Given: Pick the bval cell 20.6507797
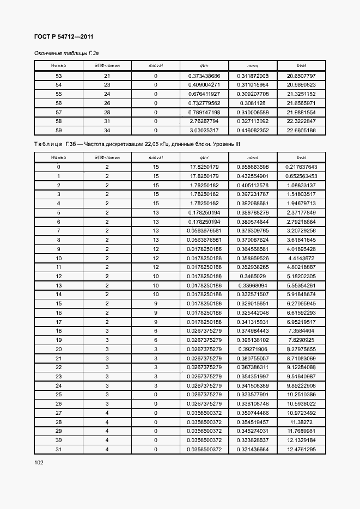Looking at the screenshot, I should click(x=301, y=76).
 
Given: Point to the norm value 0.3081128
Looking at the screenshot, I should click(x=253, y=103).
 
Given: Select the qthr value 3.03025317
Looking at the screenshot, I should click(x=204, y=130).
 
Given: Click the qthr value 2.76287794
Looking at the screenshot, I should click(x=204, y=121).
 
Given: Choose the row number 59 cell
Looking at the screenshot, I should click(x=58, y=130).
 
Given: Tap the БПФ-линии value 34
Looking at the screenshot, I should click(x=107, y=130).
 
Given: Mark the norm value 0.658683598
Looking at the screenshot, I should click(x=253, y=167).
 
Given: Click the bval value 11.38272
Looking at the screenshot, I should click(x=301, y=422).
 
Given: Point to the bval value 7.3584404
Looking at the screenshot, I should click(x=301, y=330).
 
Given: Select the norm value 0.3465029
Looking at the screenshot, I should click(x=253, y=276).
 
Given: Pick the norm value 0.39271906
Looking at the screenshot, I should click(x=253, y=349).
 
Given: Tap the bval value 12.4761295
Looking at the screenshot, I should click(x=301, y=449).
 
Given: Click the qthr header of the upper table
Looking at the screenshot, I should click(x=204, y=66).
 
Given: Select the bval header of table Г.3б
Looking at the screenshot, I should click(x=301, y=157).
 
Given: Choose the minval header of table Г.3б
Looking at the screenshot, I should click(x=156, y=157).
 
